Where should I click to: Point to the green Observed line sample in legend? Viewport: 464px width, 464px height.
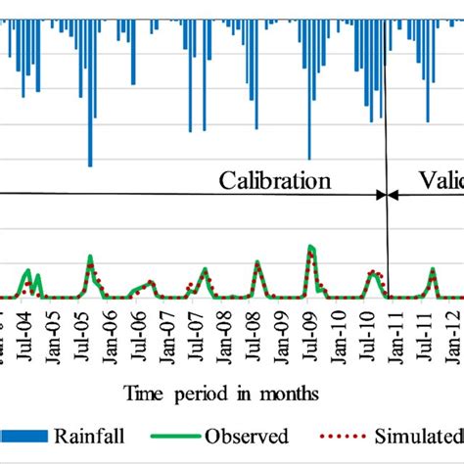pyautogui.click(x=176, y=437)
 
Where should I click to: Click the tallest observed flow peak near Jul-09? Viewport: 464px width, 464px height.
pyautogui.click(x=311, y=248)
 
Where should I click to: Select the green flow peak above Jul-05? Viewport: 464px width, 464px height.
pyautogui.click(x=90, y=257)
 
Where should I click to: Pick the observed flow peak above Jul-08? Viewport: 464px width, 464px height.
pyautogui.click(x=257, y=262)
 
